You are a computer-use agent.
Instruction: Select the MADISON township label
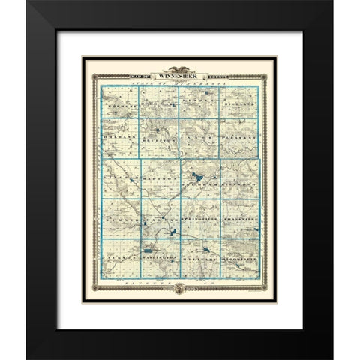point(160,179)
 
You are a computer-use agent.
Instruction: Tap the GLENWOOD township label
point(237,179)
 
